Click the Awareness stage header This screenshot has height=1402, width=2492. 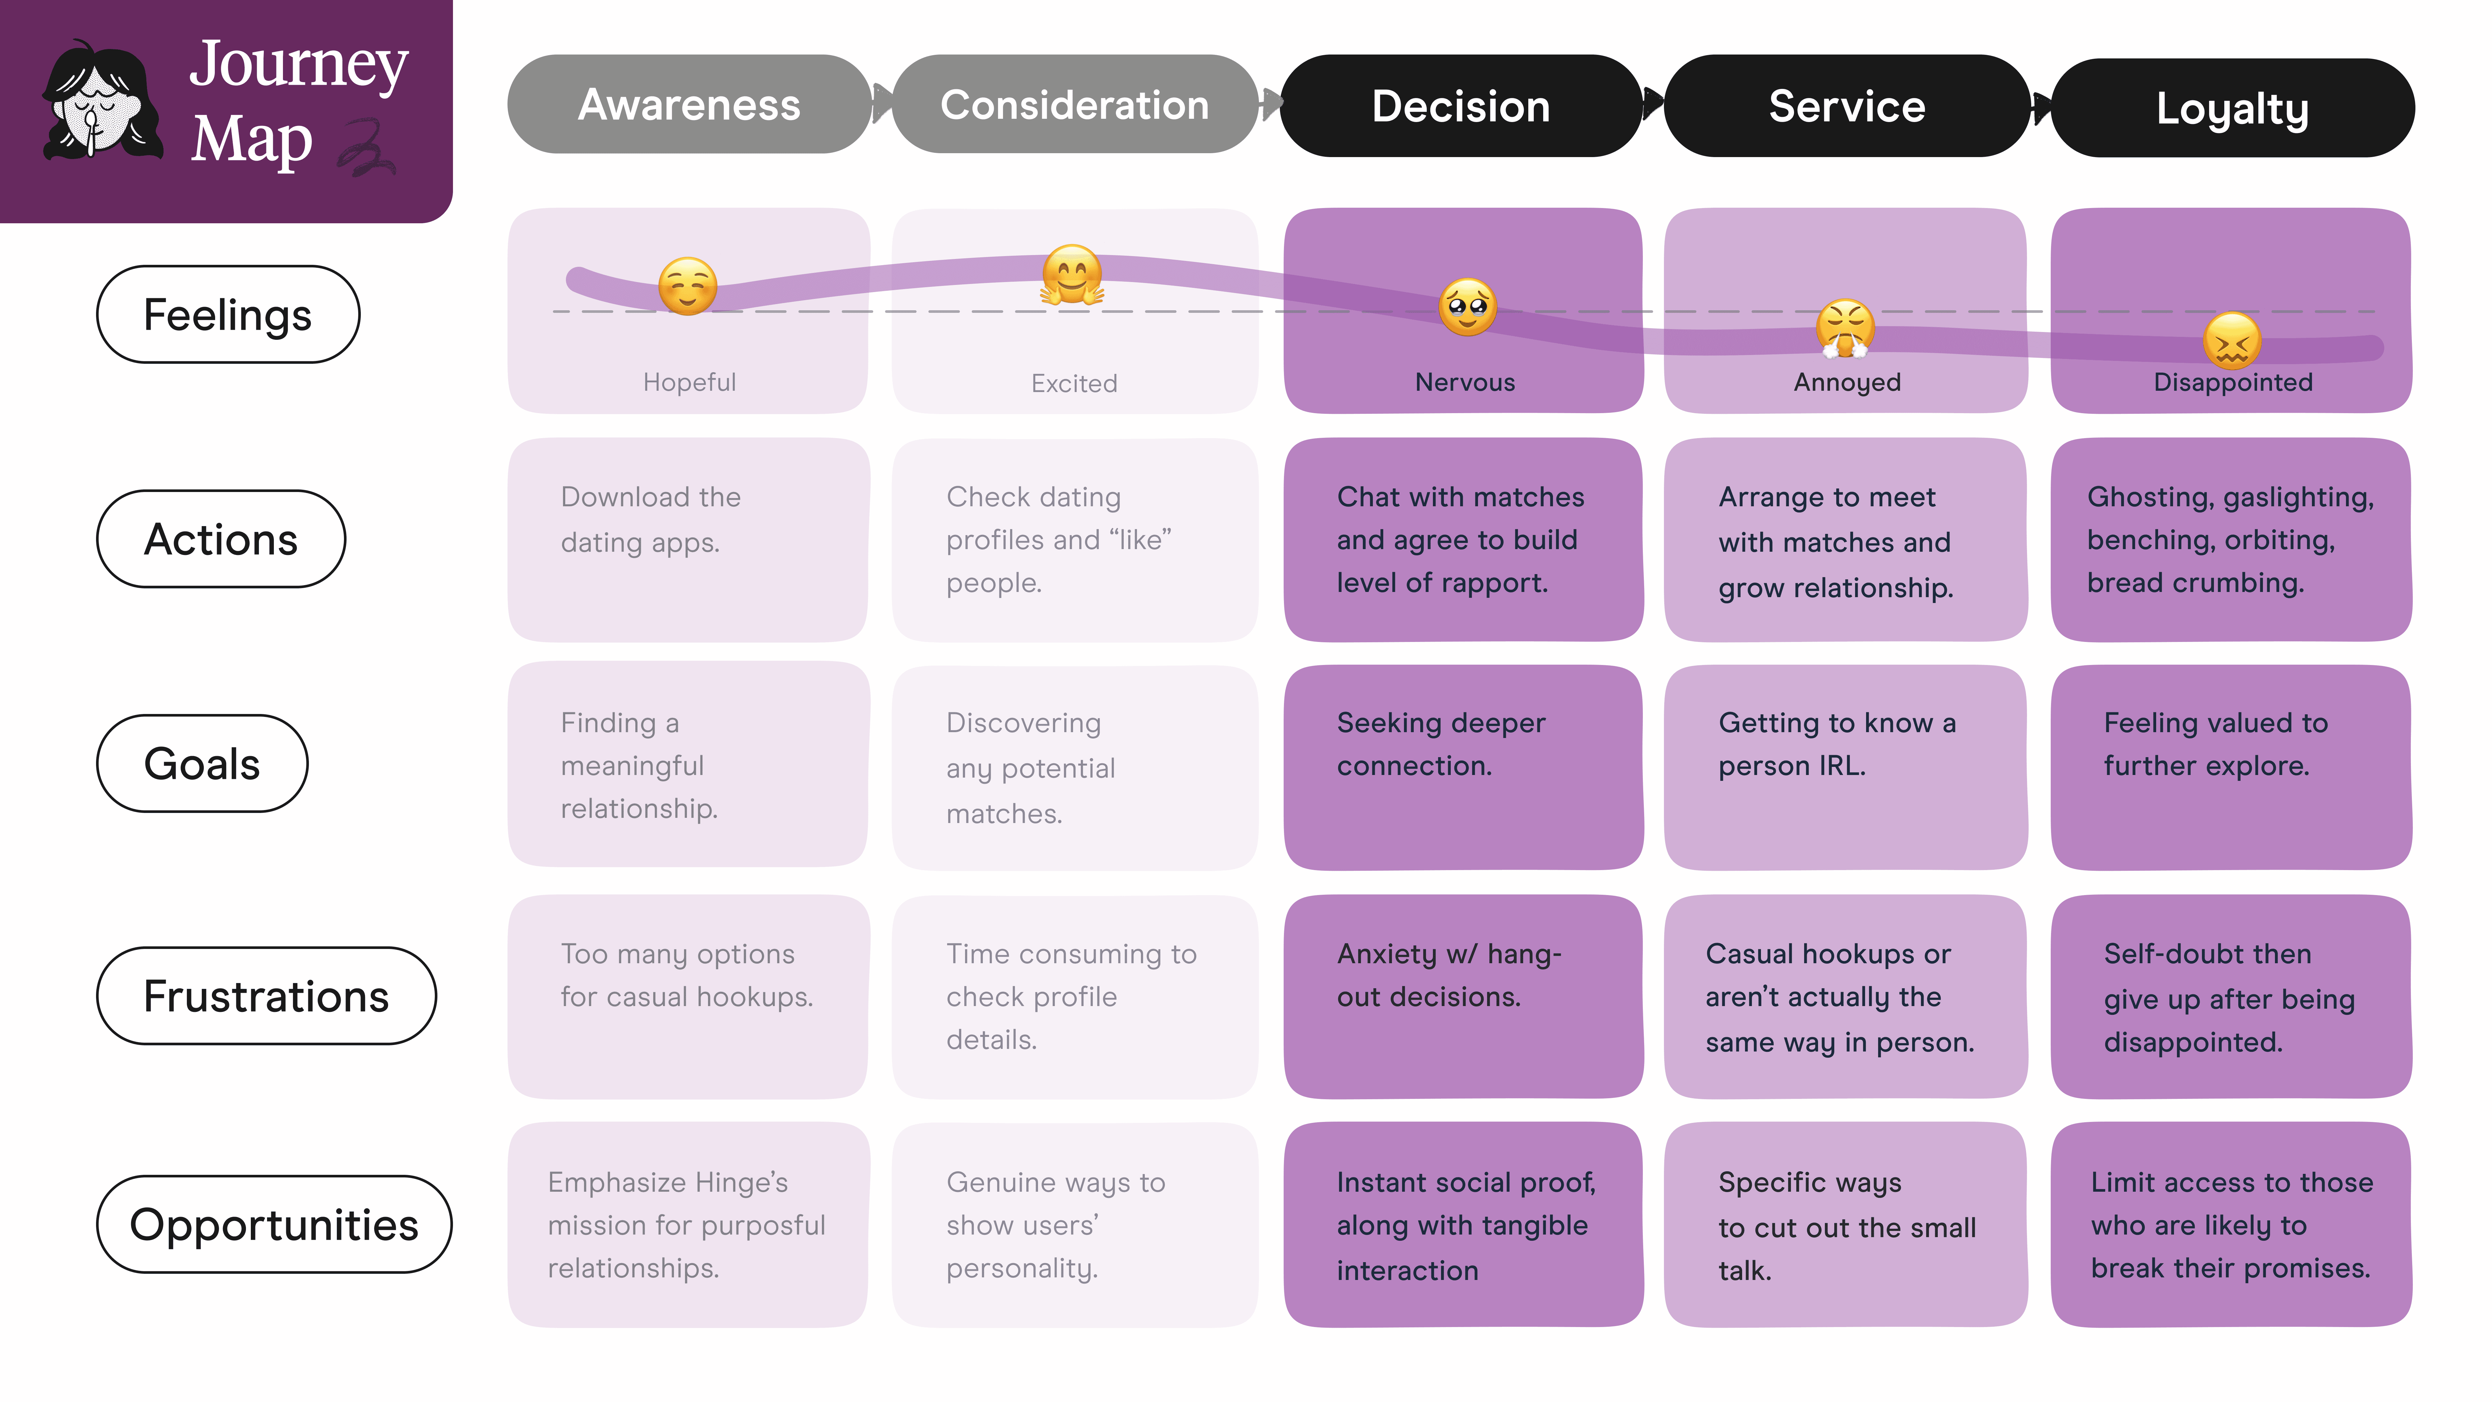pos(689,105)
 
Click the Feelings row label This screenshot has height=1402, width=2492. pos(227,314)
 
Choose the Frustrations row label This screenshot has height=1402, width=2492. pos(266,996)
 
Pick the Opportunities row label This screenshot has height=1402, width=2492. pos(274,1224)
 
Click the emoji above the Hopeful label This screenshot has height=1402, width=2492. pos(688,286)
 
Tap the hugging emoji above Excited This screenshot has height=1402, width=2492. pos(1072,275)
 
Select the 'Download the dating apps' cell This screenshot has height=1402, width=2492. pos(688,539)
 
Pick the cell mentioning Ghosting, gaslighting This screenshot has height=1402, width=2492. pos(2231,539)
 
